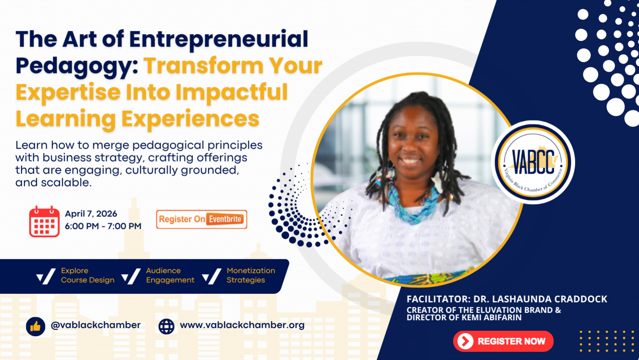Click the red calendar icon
tap(44, 222)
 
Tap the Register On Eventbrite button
tap(202, 219)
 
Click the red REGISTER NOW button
tap(503, 341)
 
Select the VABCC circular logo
tap(533, 162)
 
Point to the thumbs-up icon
tap(35, 326)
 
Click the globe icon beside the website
tap(166, 326)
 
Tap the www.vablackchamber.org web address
tap(242, 325)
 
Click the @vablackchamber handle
tap(96, 325)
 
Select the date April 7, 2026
tap(91, 214)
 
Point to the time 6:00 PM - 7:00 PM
tap(103, 226)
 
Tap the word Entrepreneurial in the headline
tap(218, 39)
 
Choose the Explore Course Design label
tap(87, 275)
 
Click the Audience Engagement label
tap(170, 275)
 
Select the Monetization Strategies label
tap(251, 275)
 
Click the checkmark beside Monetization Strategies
tap(212, 277)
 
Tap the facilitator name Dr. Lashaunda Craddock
tap(540, 299)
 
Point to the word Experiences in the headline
tap(190, 119)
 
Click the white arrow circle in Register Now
tap(465, 341)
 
